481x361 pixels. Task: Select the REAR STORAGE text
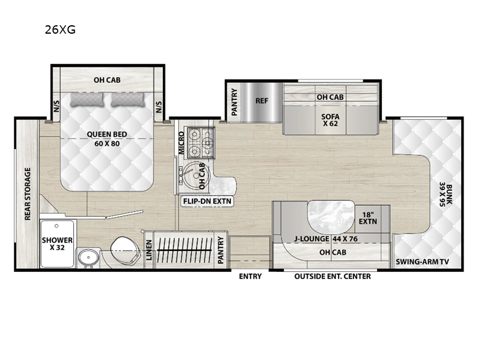pyautogui.click(x=27, y=194)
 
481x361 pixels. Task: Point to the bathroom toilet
pyautogui.click(x=124, y=248)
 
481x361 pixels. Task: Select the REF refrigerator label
pyautogui.click(x=262, y=100)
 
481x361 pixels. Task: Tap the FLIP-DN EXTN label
pyautogui.click(x=208, y=201)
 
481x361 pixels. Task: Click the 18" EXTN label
pyautogui.click(x=369, y=217)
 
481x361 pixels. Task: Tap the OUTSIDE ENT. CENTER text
pyautogui.click(x=332, y=276)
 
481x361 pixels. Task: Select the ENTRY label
pyautogui.click(x=249, y=276)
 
